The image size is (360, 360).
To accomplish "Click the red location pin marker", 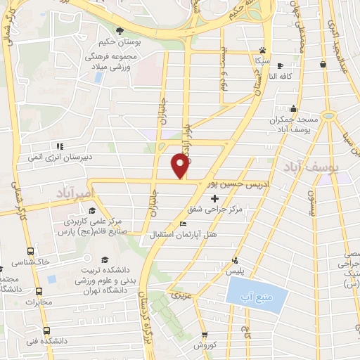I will [x=180, y=165].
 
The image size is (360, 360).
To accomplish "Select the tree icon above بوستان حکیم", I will [x=120, y=30].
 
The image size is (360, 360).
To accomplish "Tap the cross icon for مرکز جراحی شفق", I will [x=214, y=199].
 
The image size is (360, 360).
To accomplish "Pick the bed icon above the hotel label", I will [x=184, y=224].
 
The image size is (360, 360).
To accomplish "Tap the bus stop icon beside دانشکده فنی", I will [x=46, y=330].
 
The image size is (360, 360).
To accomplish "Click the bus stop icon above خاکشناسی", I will [x=31, y=250].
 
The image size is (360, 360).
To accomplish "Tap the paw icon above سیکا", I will [x=262, y=50].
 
